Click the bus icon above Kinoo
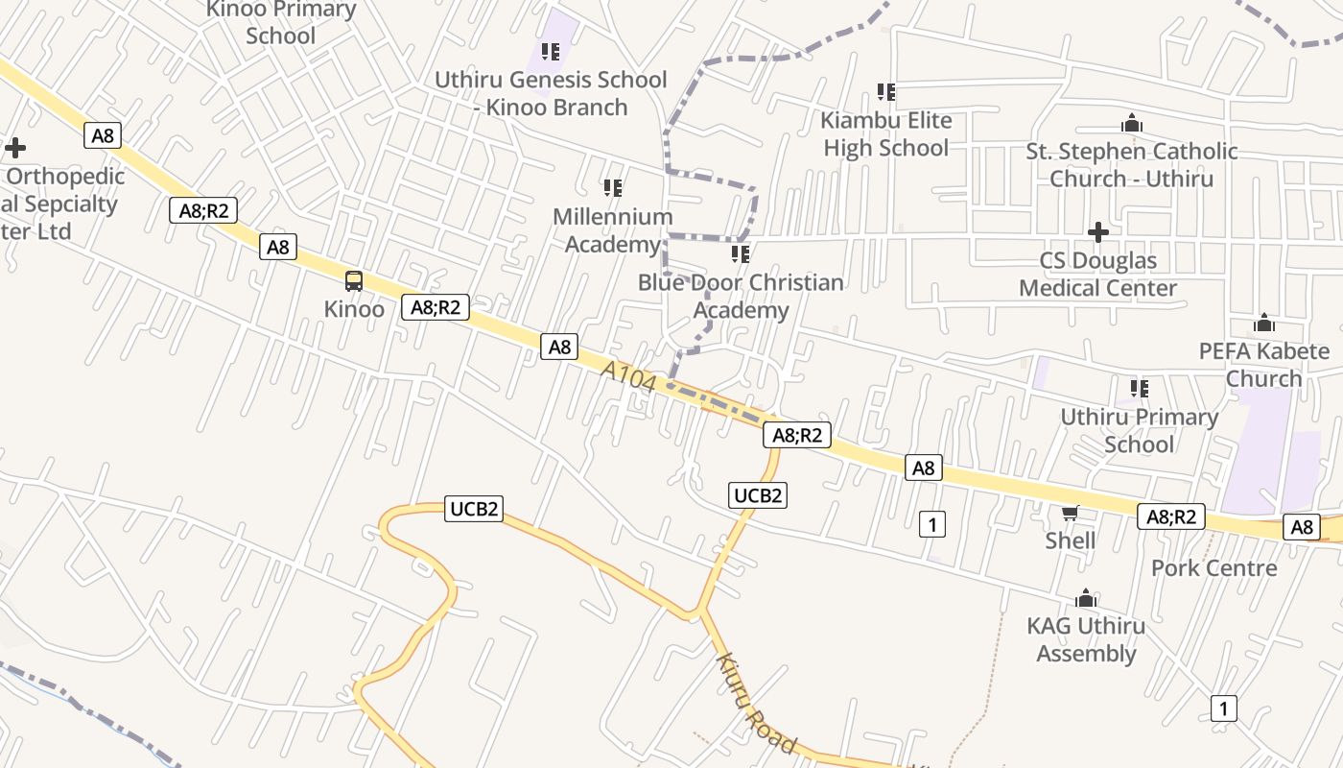[354, 281]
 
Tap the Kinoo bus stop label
[354, 309]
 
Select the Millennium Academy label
[613, 230]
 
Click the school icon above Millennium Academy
[613, 188]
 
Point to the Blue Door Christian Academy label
[741, 296]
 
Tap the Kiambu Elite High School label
[886, 134]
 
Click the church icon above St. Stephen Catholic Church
[1132, 123]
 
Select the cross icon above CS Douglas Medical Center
[1098, 232]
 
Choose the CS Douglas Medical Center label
[1098, 274]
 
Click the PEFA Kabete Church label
[1264, 365]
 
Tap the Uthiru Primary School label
[1139, 430]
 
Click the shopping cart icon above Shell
[1071, 514]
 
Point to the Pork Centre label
[1214, 568]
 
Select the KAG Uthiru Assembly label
[1086, 640]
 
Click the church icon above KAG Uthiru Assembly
[1086, 599]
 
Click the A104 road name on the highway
[630, 377]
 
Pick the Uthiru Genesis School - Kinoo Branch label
[551, 93]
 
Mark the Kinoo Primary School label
[281, 23]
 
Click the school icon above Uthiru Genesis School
[550, 51]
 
